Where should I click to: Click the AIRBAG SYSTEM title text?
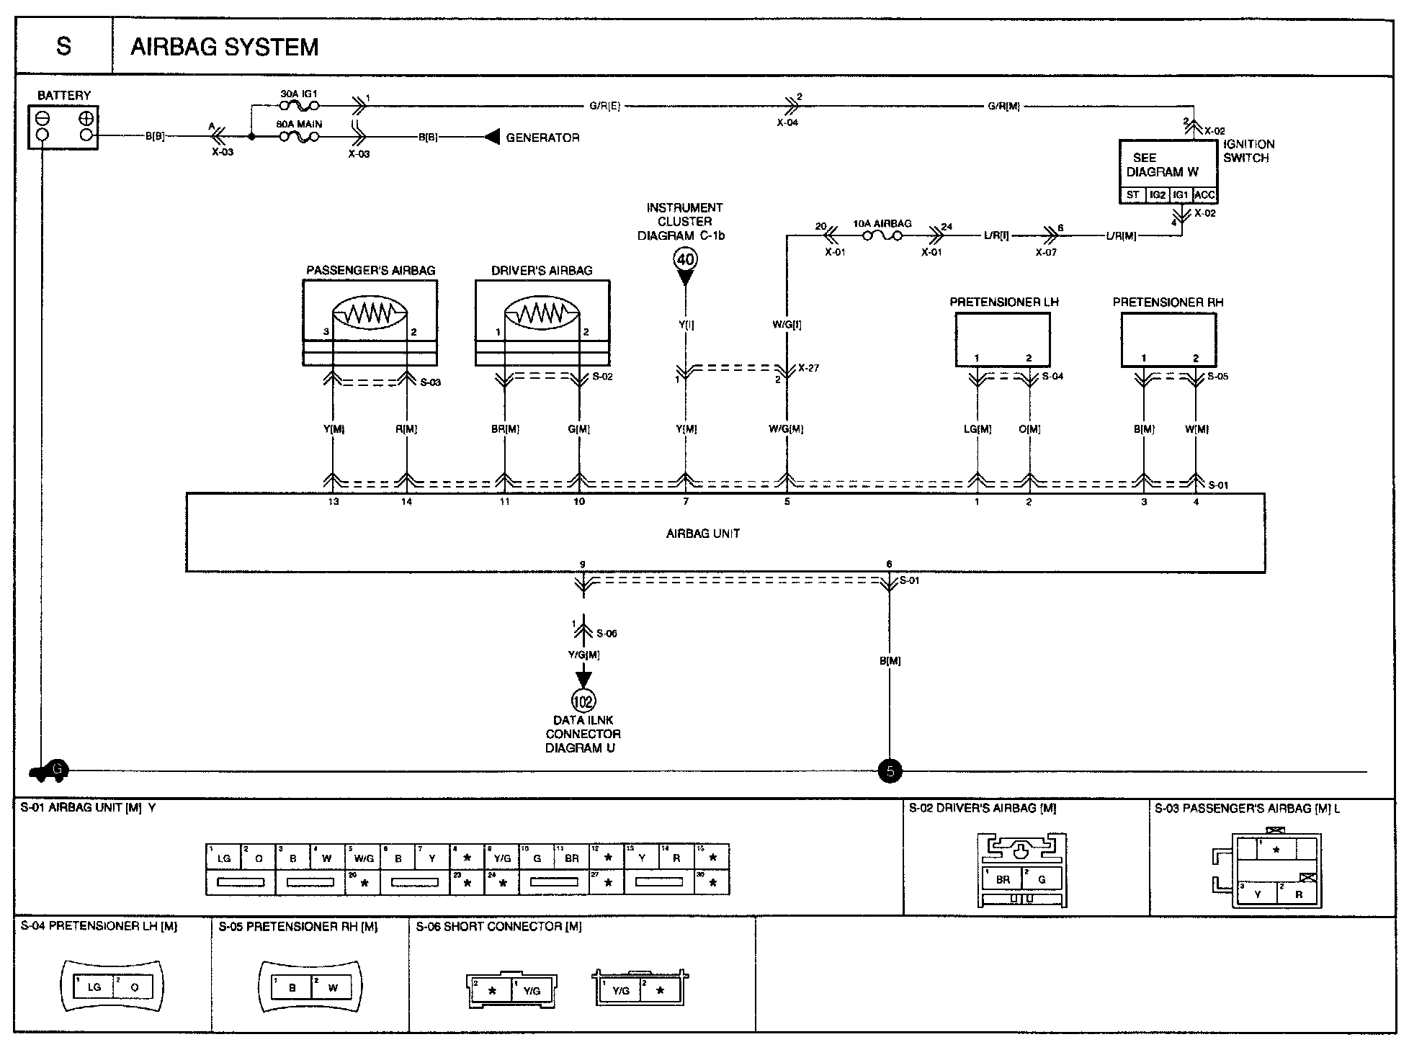224,48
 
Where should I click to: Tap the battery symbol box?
63,127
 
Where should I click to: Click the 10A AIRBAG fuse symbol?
882,235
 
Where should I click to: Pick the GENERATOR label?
542,138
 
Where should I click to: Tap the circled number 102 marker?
583,701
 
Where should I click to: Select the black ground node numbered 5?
890,771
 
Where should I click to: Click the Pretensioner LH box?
1003,341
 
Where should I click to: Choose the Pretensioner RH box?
1168,341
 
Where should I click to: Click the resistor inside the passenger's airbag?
370,313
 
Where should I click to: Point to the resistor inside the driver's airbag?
542,313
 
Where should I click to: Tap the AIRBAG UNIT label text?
703,534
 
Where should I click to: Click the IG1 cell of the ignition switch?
1181,195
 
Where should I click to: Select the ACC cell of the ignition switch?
1204,195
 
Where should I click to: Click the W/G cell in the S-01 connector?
364,858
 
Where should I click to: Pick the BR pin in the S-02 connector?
1003,879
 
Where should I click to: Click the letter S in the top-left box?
64,47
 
